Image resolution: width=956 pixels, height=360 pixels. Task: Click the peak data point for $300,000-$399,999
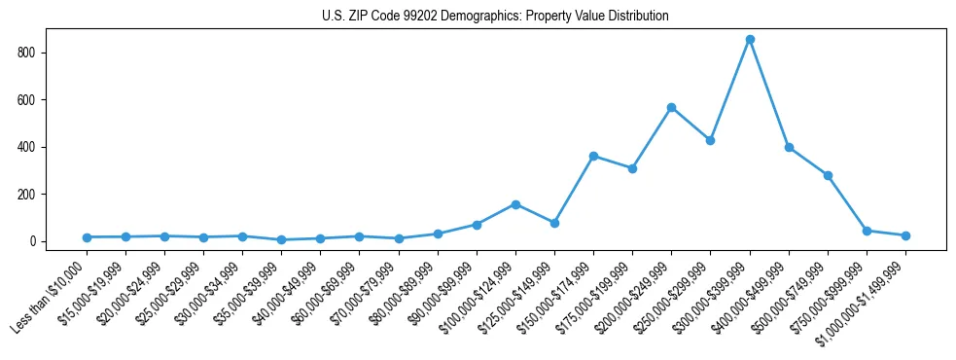pyautogui.click(x=750, y=40)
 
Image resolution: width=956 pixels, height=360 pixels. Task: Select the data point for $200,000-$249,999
pyautogui.click(x=671, y=107)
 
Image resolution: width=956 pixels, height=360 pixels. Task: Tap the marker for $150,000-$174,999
pyautogui.click(x=593, y=156)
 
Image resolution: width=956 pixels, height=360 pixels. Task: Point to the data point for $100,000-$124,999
pyautogui.click(x=515, y=204)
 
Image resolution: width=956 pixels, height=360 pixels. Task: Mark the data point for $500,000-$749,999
pyautogui.click(x=828, y=175)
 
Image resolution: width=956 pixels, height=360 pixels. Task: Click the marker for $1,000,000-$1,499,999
pyautogui.click(x=905, y=235)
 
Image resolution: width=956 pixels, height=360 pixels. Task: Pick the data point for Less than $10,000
pyautogui.click(x=87, y=237)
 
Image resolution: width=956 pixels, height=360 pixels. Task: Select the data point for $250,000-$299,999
pyautogui.click(x=710, y=140)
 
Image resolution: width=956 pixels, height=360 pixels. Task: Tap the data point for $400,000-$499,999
pyautogui.click(x=789, y=147)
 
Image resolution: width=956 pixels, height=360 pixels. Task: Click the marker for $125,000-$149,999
pyautogui.click(x=554, y=223)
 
